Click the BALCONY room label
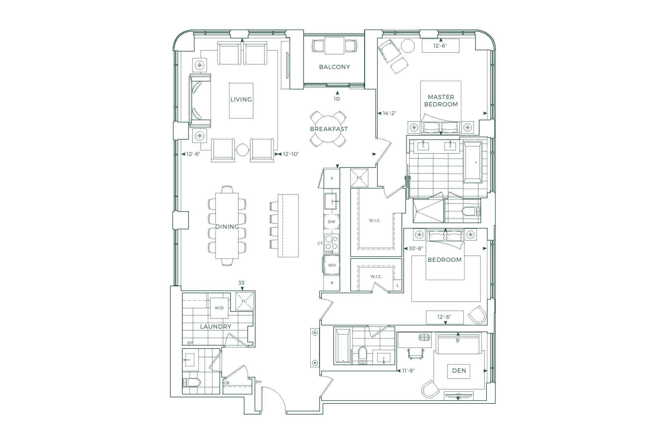[x=334, y=67]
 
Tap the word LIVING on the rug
[x=241, y=99]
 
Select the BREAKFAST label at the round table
[x=329, y=129]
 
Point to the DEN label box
[x=459, y=371]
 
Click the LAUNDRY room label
[x=216, y=326]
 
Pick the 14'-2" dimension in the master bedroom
[x=389, y=113]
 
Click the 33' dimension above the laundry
[x=242, y=283]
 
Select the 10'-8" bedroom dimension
[x=416, y=249]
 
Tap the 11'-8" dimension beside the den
[x=408, y=371]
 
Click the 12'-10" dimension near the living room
[x=291, y=154]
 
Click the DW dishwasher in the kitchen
[x=331, y=222]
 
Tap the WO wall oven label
[x=332, y=265]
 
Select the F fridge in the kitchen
[x=332, y=179]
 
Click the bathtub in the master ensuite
[x=472, y=162]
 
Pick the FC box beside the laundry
[x=244, y=301]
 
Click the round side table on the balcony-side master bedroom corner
[x=408, y=46]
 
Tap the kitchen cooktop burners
[x=331, y=244]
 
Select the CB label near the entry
[x=226, y=383]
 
